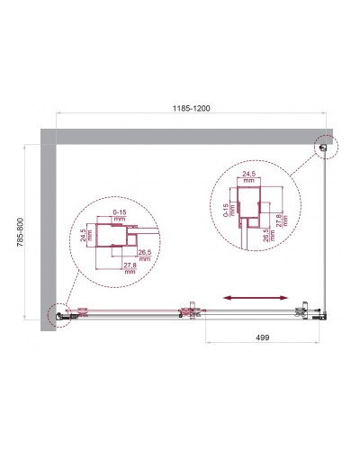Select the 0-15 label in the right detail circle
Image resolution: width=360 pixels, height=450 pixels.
222,213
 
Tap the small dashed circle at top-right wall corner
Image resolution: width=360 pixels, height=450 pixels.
323,146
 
